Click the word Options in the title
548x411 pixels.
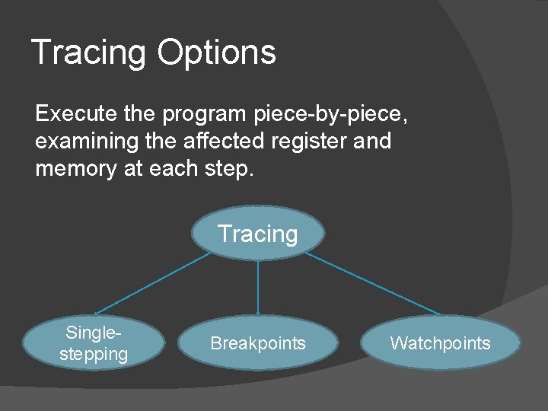tap(216, 53)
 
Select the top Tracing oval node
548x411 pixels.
tap(258, 234)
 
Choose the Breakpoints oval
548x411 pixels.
tap(258, 343)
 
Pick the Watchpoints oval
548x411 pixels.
tap(440, 343)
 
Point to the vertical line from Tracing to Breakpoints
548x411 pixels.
tap(258, 287)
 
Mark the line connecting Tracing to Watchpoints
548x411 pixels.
tap(373, 284)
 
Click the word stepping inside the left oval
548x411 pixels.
tap(94, 354)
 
